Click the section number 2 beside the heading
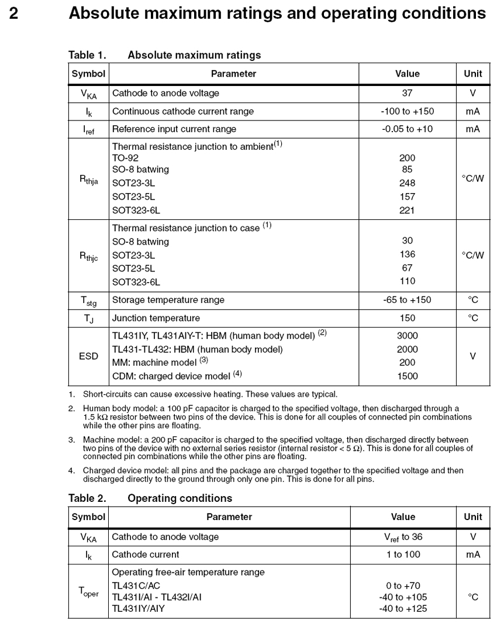[x=13, y=13]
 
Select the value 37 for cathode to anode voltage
[x=407, y=93]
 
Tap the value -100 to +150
[x=407, y=111]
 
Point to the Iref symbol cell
[x=88, y=129]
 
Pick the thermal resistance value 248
[x=407, y=183]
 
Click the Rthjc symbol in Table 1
[x=88, y=256]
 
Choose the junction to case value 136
[x=407, y=254]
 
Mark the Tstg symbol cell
[x=88, y=301]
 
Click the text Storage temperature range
[x=168, y=300]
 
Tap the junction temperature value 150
[x=407, y=318]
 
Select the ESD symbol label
[x=88, y=356]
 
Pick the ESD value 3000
[x=407, y=336]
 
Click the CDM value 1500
[x=407, y=376]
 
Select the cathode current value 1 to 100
[x=403, y=555]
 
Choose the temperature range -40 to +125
[x=403, y=609]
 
